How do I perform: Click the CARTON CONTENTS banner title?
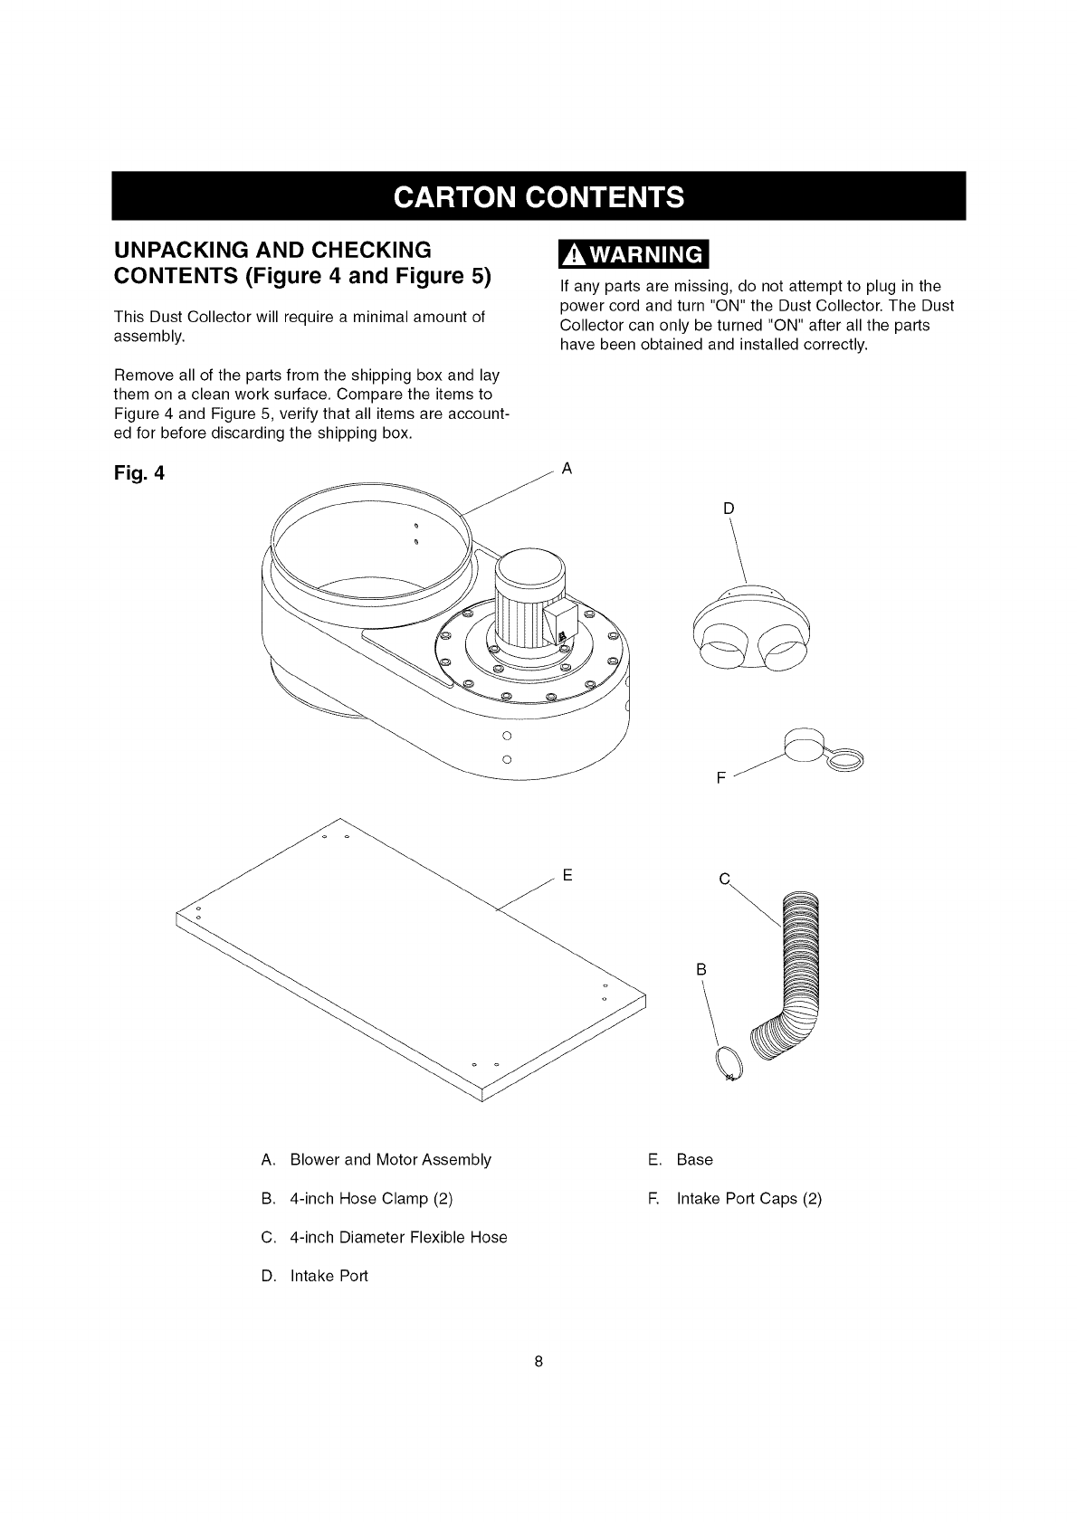tap(538, 195)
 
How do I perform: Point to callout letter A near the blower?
tap(567, 469)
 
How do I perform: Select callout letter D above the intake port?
tap(729, 508)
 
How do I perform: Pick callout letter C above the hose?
tap(723, 879)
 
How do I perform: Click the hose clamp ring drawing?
tap(729, 1064)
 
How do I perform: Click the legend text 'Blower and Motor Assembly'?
tap(390, 1160)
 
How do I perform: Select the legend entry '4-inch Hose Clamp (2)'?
tap(371, 1199)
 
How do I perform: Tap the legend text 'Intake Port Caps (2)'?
tap(748, 1199)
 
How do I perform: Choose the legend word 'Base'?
tap(694, 1160)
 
